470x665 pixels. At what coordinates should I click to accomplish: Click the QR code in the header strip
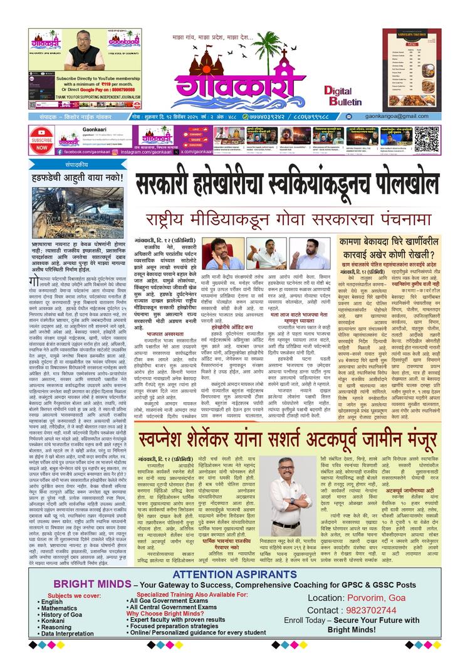tap(427, 139)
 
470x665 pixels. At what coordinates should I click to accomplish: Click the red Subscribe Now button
tap(41, 140)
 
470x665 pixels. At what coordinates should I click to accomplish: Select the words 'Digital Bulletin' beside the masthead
tap(342, 95)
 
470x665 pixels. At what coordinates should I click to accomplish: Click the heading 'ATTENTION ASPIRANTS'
tap(234, 575)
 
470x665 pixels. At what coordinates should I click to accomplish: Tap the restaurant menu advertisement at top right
tap(411, 67)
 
